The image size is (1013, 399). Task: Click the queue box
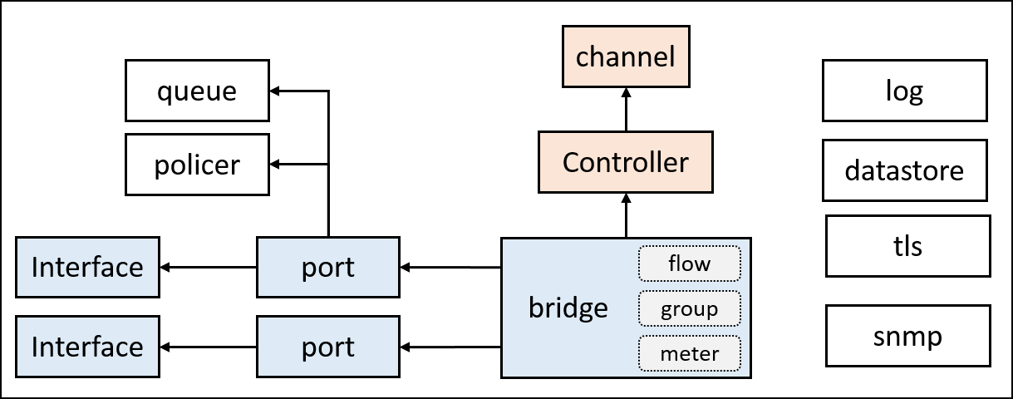click(197, 91)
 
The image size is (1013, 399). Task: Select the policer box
click(197, 165)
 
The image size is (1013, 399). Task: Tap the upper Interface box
click(87, 268)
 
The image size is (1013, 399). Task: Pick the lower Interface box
click(87, 347)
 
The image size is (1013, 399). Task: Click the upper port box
click(328, 268)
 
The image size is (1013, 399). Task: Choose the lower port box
click(328, 347)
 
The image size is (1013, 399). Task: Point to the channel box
click(626, 57)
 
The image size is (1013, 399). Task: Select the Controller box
click(625, 162)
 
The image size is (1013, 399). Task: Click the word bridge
click(568, 308)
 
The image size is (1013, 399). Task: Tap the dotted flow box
click(689, 264)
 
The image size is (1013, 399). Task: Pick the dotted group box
click(689, 309)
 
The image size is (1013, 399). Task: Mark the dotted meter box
click(689, 354)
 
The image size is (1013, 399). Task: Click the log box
click(904, 91)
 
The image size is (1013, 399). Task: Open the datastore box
click(904, 170)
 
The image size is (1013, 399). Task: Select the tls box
click(907, 246)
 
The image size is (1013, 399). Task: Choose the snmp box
click(907, 336)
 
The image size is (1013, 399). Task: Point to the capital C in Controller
click(572, 162)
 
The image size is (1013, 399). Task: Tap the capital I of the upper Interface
click(35, 268)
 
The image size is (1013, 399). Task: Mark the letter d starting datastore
click(852, 170)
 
